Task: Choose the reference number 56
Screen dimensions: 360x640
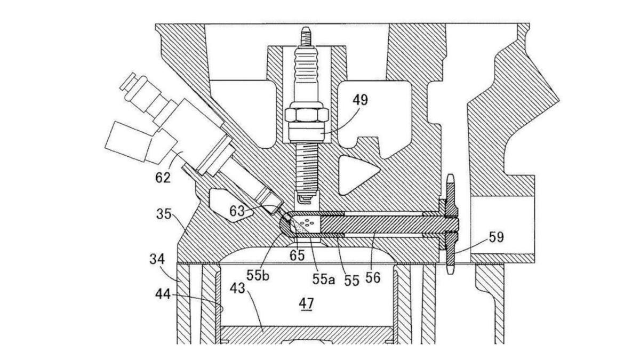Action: (373, 277)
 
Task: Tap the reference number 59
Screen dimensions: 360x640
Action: (495, 236)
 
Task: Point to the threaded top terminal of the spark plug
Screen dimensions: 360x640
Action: (306, 37)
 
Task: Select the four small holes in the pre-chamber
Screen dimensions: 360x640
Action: (308, 222)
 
